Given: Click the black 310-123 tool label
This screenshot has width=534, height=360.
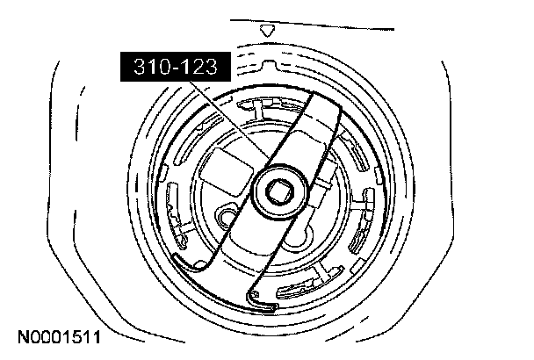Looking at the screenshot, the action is [176, 67].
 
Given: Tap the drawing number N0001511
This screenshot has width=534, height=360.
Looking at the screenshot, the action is [59, 337].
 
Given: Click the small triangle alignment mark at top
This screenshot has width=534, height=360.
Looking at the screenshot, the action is [267, 31].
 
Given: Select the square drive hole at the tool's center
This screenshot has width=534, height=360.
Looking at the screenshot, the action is [278, 192].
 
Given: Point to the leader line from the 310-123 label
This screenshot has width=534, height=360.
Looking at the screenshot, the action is [229, 120].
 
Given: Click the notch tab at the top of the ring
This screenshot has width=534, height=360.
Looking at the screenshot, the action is [269, 65].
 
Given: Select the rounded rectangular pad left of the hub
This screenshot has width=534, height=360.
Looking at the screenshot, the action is [226, 171].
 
